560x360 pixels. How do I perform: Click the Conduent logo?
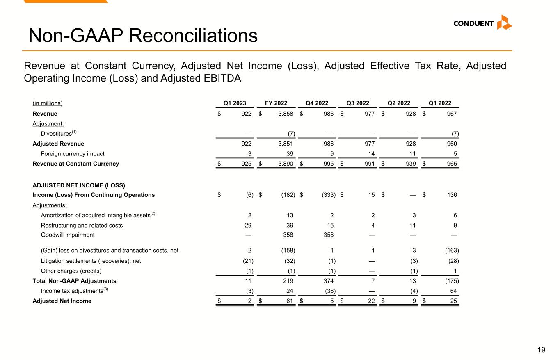pos(482,23)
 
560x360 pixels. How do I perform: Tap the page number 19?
pos(541,350)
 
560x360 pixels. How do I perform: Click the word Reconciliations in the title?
pos(193,36)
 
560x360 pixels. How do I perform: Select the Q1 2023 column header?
pos(235,103)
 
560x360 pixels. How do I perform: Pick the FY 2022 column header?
pos(276,103)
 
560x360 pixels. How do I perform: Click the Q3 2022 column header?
pos(358,103)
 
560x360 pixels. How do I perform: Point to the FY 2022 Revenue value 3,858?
pos(285,114)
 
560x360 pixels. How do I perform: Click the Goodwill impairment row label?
pos(68,235)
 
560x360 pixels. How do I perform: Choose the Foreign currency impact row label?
pos(73,154)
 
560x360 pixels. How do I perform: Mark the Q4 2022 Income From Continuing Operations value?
pos(327,195)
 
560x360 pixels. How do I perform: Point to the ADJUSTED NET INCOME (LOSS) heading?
pos(79,185)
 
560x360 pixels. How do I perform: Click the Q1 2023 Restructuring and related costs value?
pos(248,225)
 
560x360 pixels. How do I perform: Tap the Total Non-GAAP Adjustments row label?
pos(74,281)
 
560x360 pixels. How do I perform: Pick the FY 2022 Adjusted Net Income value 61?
pos(289,301)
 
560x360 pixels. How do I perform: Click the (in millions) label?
pos(48,103)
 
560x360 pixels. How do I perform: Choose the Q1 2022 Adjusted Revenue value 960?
pos(452,144)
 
